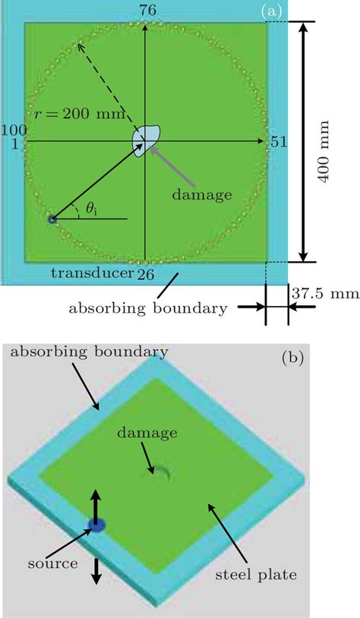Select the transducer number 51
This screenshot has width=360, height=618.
(x=278, y=142)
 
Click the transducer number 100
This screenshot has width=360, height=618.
(x=14, y=130)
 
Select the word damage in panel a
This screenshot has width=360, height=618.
(x=201, y=195)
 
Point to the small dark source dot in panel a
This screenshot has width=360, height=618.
(x=52, y=219)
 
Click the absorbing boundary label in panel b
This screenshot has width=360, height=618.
(x=88, y=352)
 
